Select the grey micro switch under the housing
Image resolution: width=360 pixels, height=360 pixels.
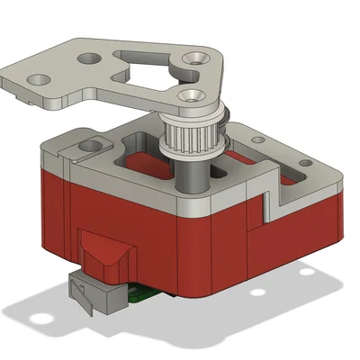[x=94, y=293]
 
